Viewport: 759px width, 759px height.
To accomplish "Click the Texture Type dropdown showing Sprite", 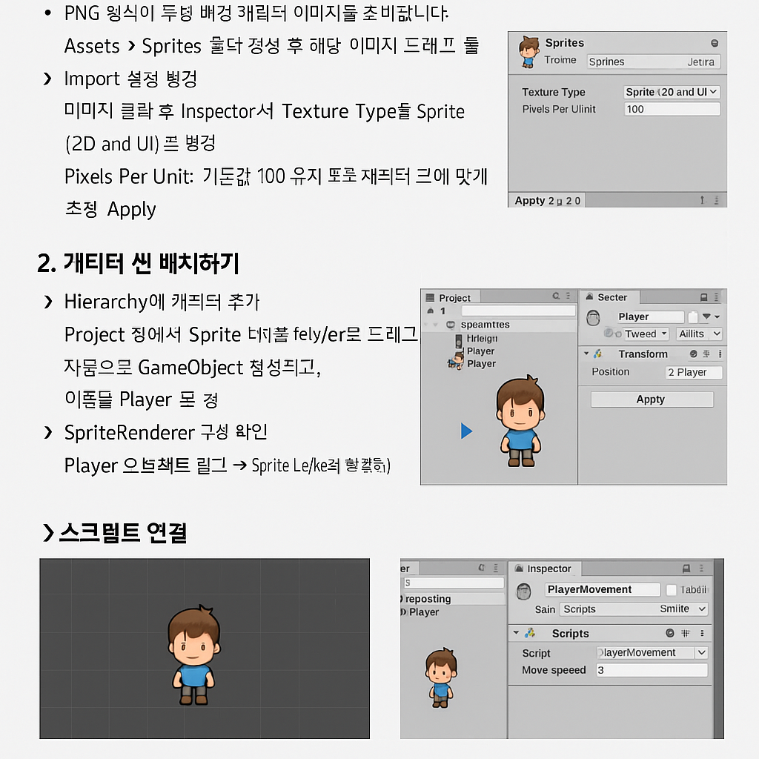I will (672, 92).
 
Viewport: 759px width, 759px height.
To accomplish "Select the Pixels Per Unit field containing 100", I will (672, 109).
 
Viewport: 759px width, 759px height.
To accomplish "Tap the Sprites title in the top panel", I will (564, 43).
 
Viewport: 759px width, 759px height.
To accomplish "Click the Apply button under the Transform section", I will (652, 400).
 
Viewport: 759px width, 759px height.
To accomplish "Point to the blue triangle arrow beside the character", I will (466, 431).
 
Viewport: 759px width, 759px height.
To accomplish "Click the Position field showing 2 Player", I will (693, 372).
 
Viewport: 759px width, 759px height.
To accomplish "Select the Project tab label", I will (454, 298).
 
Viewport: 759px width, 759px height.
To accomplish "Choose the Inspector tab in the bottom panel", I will (548, 569).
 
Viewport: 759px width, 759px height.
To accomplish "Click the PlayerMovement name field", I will (602, 589).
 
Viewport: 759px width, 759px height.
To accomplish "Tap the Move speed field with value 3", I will (652, 670).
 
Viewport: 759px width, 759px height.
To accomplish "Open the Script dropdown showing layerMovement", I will (652, 653).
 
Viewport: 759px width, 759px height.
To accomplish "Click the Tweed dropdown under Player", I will (645, 334).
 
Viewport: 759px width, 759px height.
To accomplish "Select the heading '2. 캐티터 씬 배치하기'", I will (138, 263).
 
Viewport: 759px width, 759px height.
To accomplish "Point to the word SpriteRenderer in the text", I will (130, 432).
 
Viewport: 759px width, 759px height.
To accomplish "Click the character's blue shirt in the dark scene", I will (194, 675).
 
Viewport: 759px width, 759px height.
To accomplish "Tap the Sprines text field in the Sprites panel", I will (652, 62).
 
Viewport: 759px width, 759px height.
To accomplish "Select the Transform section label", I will (643, 354).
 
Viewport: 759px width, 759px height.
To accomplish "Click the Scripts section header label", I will (570, 634).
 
